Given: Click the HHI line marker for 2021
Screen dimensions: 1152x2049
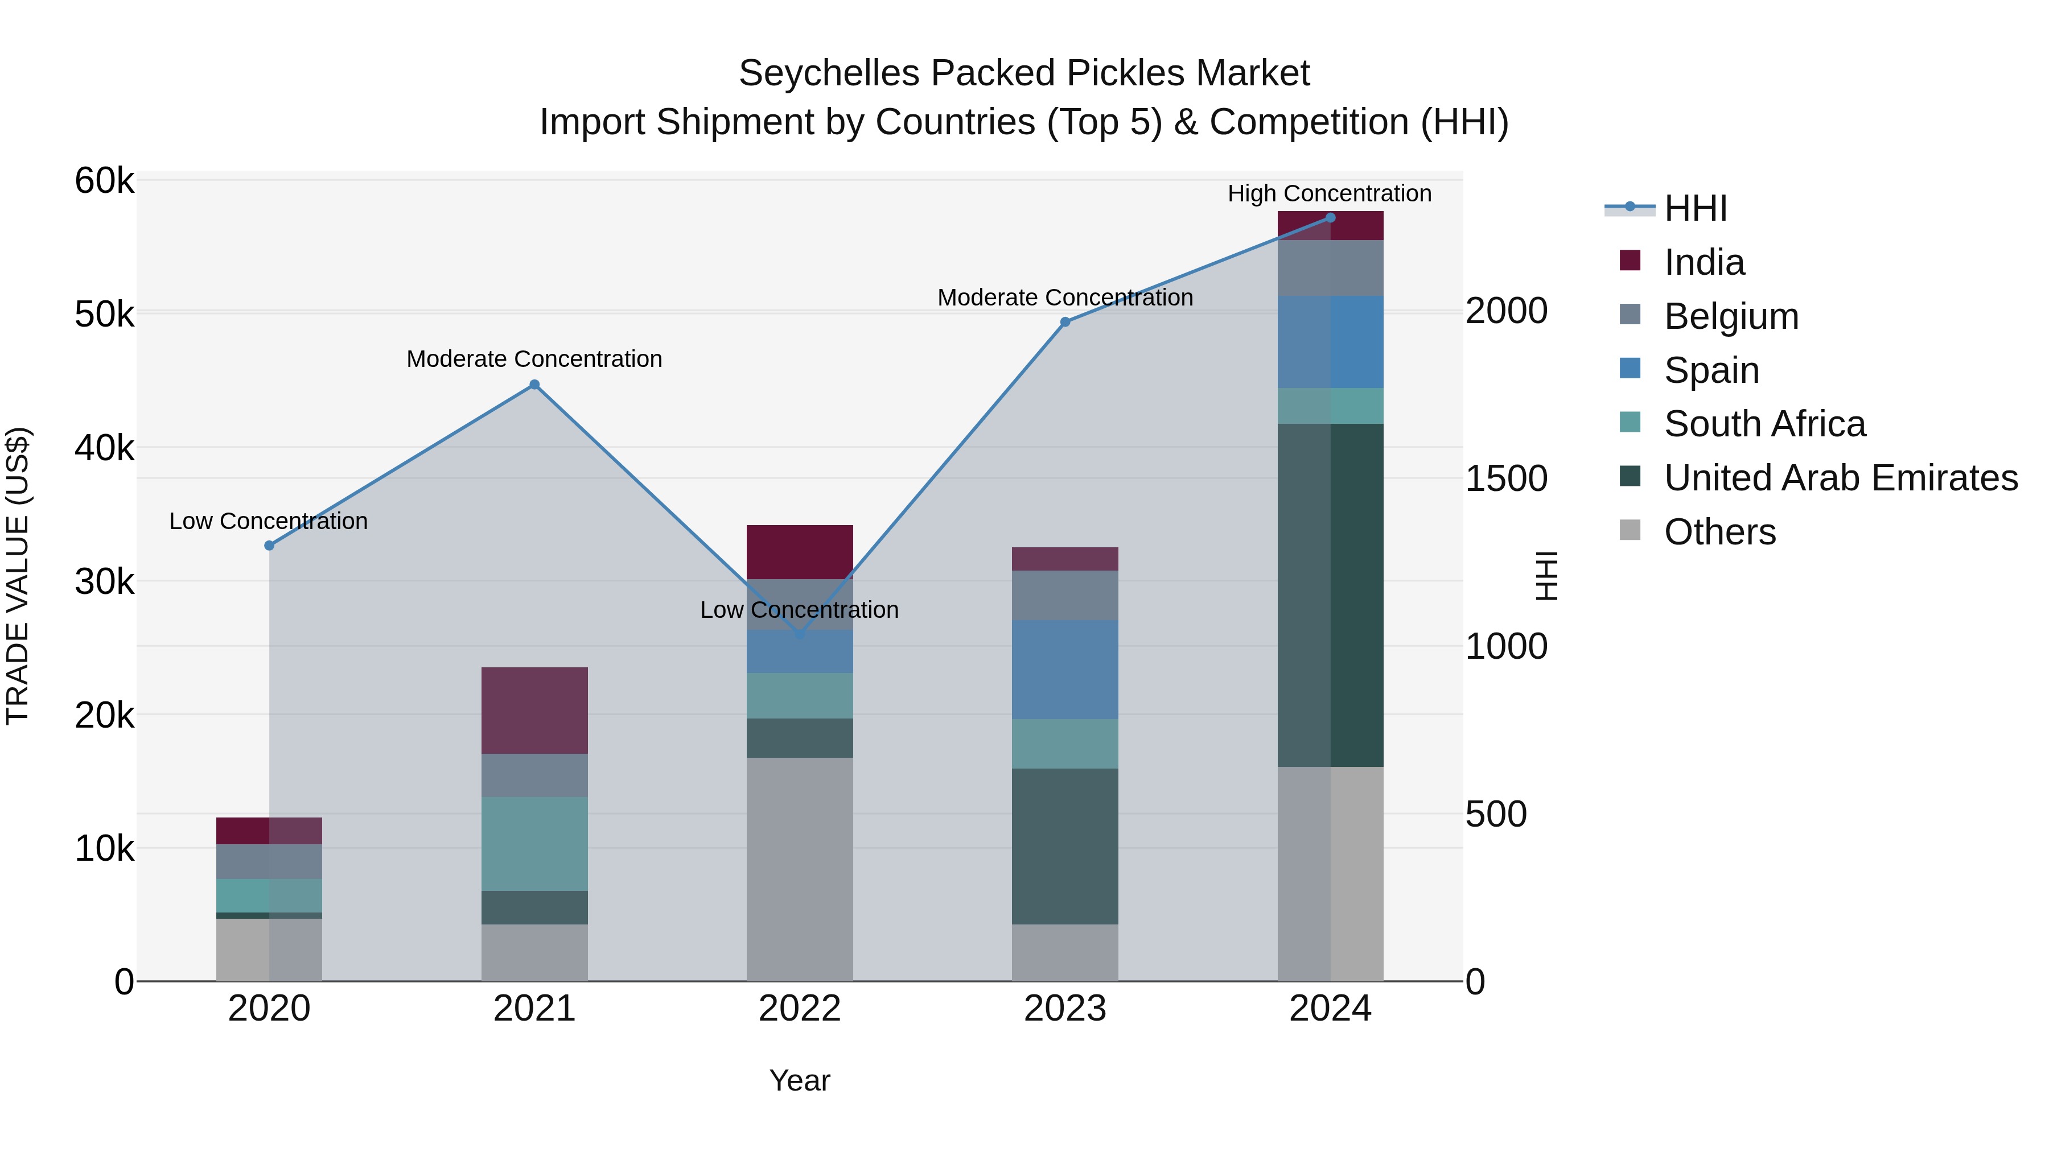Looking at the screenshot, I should pos(534,385).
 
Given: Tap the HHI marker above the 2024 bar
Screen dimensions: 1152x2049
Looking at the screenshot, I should pos(1330,218).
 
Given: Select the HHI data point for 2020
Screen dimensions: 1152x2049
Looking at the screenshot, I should pos(269,546).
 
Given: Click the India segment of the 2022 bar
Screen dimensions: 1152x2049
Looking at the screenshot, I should pos(800,552).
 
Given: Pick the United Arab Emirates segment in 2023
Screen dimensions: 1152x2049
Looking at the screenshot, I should pos(1064,846).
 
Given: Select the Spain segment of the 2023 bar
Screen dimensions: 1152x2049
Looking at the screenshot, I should pos(1064,670).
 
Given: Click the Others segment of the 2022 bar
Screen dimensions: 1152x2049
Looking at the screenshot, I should pos(800,868).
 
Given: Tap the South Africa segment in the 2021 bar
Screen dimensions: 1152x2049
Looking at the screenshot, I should pos(534,844).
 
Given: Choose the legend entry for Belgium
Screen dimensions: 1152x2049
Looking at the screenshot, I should pos(1731,316).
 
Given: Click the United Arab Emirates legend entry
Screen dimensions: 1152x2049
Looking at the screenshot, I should pos(1840,478).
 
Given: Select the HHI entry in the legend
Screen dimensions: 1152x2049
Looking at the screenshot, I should pos(1694,208).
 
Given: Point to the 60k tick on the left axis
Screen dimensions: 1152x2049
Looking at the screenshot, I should pos(104,181).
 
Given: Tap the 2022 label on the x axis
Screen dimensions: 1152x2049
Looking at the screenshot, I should pos(800,1009).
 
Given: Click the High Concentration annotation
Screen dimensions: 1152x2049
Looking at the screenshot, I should pos(1329,193).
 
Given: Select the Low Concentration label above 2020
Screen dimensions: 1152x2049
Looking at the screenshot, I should pos(268,522).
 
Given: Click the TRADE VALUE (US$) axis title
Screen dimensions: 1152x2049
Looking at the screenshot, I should pos(18,576).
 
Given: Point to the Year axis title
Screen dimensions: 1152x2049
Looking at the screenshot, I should pos(800,1080).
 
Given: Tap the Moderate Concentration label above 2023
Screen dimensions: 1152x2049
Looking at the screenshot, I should pos(1065,298).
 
